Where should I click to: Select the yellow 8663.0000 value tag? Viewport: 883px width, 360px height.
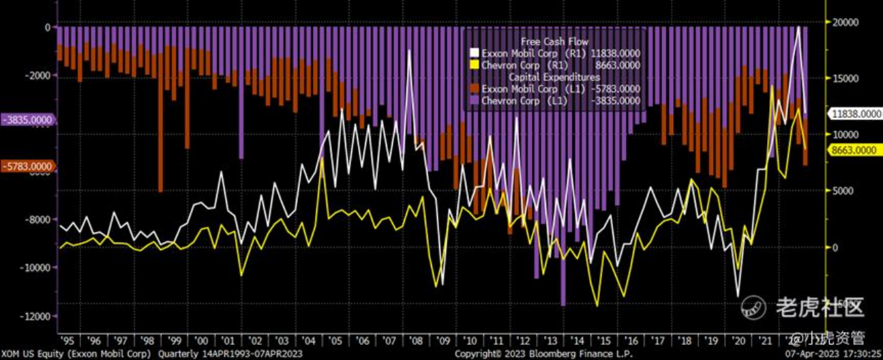pyautogui.click(x=852, y=150)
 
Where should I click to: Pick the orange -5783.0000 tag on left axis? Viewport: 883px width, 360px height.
pyautogui.click(x=28, y=166)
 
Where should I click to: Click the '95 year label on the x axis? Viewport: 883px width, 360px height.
pyautogui.click(x=68, y=340)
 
